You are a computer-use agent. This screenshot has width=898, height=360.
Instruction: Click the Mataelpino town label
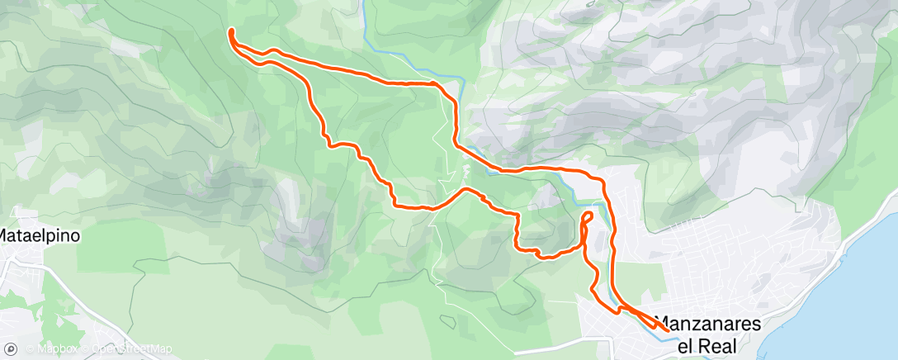[x=40, y=235]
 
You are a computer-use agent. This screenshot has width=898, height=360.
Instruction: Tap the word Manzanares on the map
[x=707, y=324]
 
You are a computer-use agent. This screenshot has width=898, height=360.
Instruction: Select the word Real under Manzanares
[x=717, y=346]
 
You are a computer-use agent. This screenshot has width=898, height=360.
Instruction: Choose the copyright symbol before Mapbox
[x=30, y=349]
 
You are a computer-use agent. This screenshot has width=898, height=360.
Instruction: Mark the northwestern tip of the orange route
[x=231, y=31]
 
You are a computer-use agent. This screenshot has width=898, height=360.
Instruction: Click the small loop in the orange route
[x=588, y=218]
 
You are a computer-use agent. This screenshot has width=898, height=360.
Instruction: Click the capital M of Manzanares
[x=662, y=324]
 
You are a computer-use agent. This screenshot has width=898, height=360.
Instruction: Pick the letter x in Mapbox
[x=74, y=349]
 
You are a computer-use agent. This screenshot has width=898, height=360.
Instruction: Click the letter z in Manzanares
[x=699, y=324]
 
